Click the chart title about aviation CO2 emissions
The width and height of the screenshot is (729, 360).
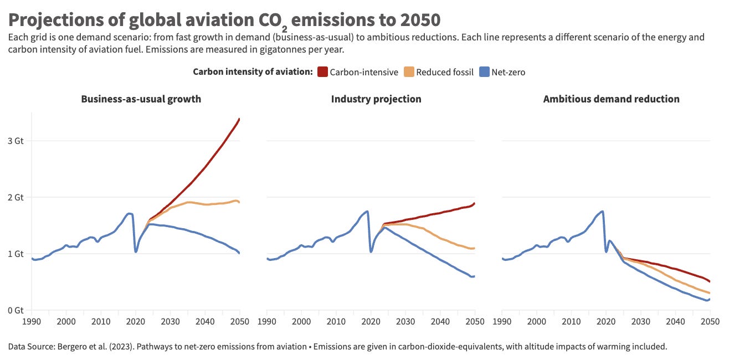224,20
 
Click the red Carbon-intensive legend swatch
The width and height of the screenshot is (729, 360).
322,72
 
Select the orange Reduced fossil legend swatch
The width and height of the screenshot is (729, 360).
409,72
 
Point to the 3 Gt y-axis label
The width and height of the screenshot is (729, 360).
16,141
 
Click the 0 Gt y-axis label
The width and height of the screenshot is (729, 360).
16,310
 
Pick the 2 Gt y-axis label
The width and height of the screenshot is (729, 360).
16,197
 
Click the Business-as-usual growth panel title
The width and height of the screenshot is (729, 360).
141,99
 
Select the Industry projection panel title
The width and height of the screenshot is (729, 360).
376,99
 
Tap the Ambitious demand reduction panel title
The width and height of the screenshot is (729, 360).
611,99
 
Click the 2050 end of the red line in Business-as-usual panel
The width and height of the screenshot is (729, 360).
239,119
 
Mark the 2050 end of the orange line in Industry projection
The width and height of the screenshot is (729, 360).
474,248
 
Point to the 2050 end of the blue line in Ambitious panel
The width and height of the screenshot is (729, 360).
710,299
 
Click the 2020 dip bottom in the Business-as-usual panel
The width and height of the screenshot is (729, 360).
136,251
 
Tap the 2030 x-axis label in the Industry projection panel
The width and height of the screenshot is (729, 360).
405,322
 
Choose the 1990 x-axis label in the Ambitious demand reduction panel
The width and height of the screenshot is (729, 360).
502,322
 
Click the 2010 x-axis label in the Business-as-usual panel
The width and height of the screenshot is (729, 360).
101,322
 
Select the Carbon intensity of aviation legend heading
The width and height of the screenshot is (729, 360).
253,72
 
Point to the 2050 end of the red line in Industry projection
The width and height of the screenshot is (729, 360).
475,203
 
